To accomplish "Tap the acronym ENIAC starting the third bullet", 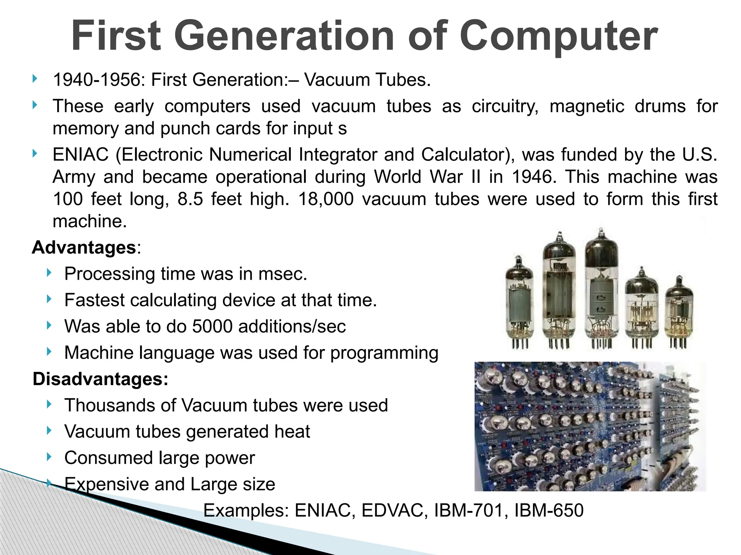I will (x=80, y=155).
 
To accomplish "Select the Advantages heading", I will (x=84, y=248).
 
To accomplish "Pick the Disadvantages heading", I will (x=100, y=379).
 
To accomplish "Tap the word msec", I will (x=282, y=274).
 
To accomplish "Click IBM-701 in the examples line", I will (x=469, y=511).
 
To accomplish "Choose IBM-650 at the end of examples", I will (x=549, y=511).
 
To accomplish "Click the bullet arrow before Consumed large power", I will (x=49, y=457).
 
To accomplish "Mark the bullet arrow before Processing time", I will (x=49, y=273).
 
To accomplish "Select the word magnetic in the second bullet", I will (x=587, y=107).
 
